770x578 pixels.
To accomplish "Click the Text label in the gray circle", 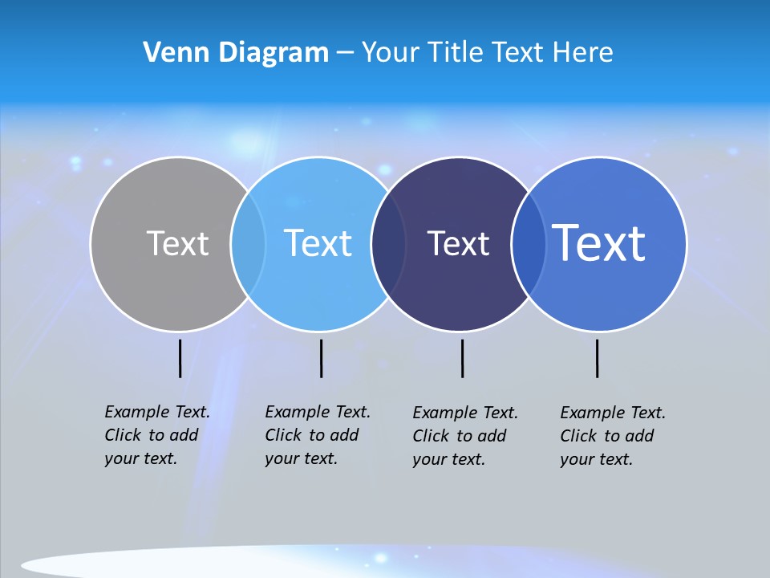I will click(177, 243).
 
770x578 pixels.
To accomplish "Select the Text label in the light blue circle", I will click(318, 243).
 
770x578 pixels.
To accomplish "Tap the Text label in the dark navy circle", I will click(458, 243).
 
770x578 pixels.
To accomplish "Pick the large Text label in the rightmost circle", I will click(599, 243).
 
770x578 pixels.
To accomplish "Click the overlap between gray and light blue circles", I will click(248, 243).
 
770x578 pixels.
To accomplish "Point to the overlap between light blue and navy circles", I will click(388, 243).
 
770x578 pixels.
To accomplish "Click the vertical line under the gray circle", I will click(180, 358).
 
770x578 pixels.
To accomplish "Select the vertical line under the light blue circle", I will click(321, 358).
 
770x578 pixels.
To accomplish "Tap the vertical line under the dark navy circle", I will click(462, 358).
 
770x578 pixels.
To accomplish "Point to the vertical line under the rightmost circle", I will click(597, 358).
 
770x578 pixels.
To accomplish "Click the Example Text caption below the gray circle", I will click(156, 435).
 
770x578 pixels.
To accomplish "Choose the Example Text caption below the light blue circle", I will click(317, 435).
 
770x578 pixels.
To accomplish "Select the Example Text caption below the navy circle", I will click(464, 436).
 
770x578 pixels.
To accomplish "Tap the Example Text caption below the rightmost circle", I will click(612, 436).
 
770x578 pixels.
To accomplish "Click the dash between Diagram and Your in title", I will click(345, 54).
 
